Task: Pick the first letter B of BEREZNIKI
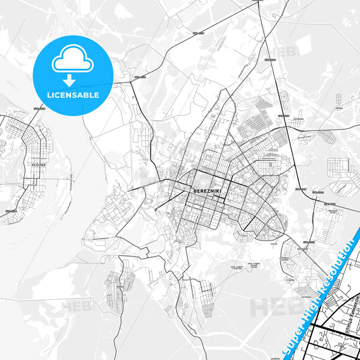coord(195,190)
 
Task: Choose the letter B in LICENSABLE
coord(88,95)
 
